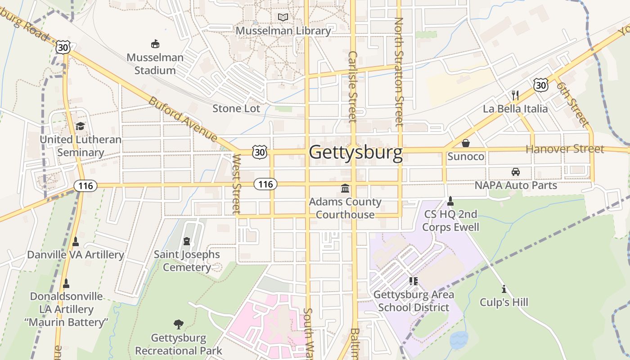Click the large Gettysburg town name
pos(355,153)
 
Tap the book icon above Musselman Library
pos(283,18)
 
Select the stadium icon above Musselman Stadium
pos(155,44)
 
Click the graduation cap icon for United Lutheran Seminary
pos(80,126)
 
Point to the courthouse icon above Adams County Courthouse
pos(345,188)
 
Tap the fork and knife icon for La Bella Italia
pos(515,95)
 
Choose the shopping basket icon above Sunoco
pos(466,143)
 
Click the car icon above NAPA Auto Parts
pos(516,171)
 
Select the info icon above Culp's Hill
pos(504,288)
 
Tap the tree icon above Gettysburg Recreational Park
pos(179,324)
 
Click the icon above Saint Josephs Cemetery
pos(187,242)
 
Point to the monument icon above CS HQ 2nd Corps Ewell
pos(450,201)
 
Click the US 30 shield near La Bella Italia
pos(541,85)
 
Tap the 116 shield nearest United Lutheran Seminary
pos(85,185)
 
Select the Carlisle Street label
pos(352,86)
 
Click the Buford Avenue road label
pos(183,118)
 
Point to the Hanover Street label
pos(565,149)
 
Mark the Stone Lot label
pos(236,108)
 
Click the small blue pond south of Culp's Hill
pos(459,340)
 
